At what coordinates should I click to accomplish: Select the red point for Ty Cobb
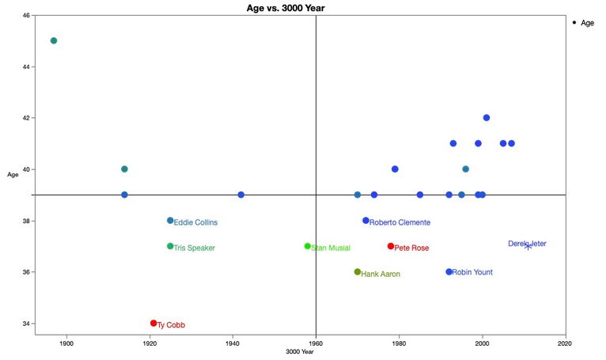pyautogui.click(x=153, y=323)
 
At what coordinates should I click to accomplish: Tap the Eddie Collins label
pyautogui.click(x=195, y=222)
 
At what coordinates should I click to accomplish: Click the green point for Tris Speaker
pyautogui.click(x=170, y=246)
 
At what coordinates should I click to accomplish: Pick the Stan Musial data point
pyautogui.click(x=307, y=246)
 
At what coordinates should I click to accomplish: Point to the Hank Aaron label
pyautogui.click(x=381, y=274)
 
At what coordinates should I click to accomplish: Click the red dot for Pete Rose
pyautogui.click(x=391, y=246)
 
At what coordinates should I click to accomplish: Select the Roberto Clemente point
pyautogui.click(x=365, y=221)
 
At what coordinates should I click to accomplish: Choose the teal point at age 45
pyautogui.click(x=54, y=40)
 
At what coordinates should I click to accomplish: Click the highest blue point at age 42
pyautogui.click(x=487, y=118)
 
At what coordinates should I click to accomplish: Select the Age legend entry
pyautogui.click(x=582, y=23)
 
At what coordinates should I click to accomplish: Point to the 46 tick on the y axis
pyautogui.click(x=26, y=16)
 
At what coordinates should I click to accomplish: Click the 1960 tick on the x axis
pyautogui.click(x=316, y=344)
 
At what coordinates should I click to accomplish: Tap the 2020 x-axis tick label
pyautogui.click(x=565, y=344)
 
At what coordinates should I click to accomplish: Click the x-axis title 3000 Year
pyautogui.click(x=301, y=354)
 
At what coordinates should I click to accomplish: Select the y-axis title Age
pyautogui.click(x=13, y=175)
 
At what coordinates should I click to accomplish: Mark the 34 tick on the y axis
pyautogui.click(x=26, y=324)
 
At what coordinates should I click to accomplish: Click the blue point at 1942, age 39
pyautogui.click(x=241, y=195)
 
